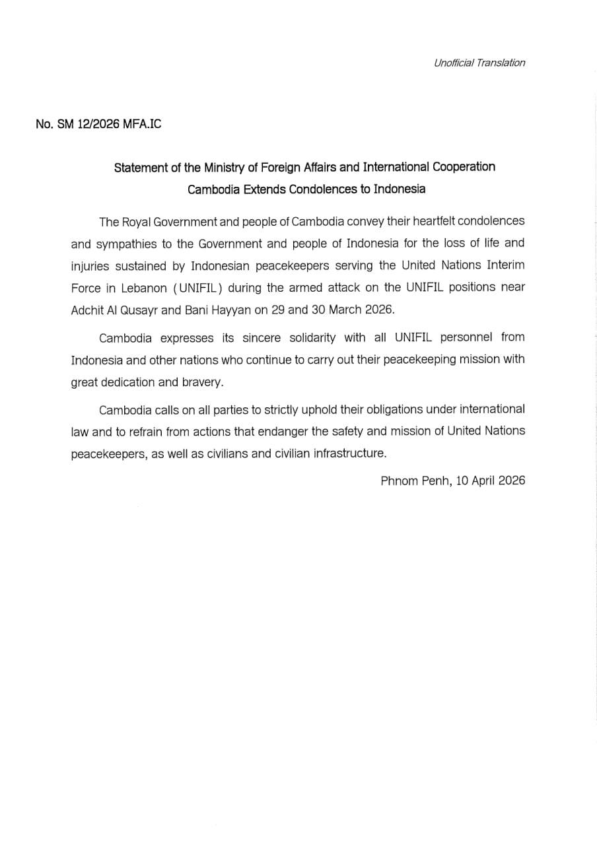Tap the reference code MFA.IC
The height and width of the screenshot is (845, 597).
click(142, 124)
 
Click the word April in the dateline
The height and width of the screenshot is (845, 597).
click(482, 481)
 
